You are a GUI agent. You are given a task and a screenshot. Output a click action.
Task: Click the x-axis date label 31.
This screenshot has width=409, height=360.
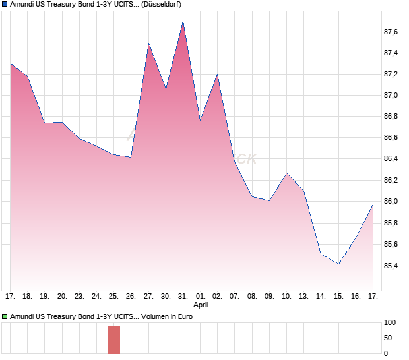tap(183, 296)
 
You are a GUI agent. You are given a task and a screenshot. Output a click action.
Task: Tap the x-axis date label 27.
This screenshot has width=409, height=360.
tap(148, 296)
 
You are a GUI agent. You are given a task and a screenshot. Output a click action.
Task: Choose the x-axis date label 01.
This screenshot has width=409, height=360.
tap(201, 296)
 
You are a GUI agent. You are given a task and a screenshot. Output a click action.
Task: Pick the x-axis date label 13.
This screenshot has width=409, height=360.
tap(304, 296)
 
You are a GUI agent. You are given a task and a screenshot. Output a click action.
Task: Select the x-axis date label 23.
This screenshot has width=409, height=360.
tap(79, 296)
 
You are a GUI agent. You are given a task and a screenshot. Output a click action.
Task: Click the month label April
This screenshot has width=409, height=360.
tap(201, 305)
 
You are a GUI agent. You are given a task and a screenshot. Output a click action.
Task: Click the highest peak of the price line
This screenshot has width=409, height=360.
tap(183, 22)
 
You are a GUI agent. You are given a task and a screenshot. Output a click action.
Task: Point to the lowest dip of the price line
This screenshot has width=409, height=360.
tap(338, 264)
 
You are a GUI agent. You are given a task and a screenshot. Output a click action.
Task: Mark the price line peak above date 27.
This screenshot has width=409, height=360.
tap(148, 44)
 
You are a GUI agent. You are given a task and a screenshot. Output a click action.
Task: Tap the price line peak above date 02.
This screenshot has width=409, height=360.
tap(217, 75)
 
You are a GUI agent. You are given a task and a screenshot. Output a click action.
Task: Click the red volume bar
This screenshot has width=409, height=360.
tap(114, 340)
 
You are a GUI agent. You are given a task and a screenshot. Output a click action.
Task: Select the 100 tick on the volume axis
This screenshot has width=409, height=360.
tap(391, 323)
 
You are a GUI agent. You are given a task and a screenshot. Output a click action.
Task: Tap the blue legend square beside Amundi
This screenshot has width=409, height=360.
tap(5, 5)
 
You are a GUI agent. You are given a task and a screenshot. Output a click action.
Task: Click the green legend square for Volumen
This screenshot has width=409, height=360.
tap(5, 316)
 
